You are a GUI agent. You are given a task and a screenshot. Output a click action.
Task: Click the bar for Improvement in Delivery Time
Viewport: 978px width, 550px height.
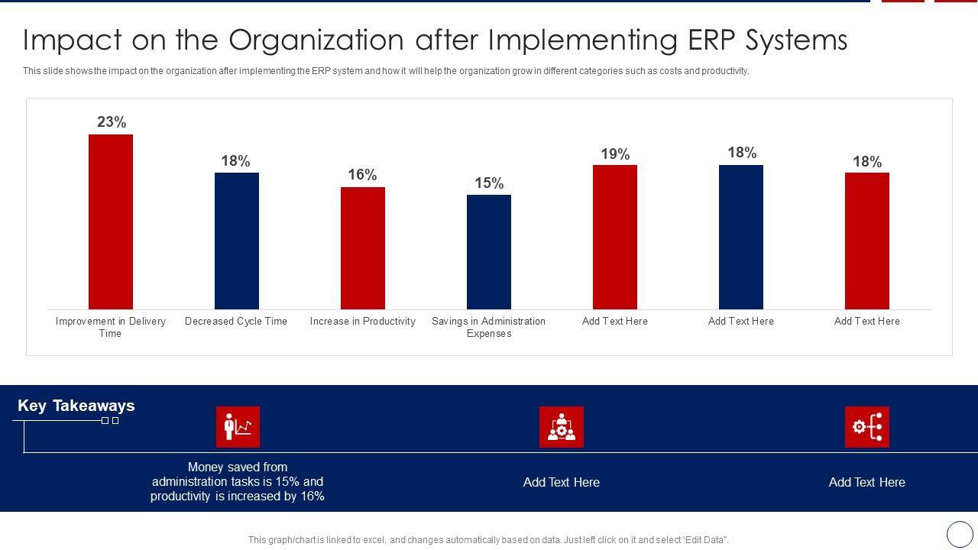coord(111,222)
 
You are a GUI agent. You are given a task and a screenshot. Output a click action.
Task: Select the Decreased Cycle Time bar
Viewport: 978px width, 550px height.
coord(237,241)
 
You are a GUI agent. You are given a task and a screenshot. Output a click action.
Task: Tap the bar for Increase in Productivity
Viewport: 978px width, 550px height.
coord(363,248)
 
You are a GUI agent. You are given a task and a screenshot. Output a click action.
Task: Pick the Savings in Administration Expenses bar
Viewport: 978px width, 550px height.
coord(489,252)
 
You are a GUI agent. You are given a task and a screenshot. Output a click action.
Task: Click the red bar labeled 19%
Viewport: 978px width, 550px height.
coord(615,237)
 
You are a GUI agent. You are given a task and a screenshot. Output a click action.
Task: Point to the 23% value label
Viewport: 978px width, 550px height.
coord(112,122)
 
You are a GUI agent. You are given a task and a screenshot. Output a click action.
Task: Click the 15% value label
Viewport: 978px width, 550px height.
coord(489,183)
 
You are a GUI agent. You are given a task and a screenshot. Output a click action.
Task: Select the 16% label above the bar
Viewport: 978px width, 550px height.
coord(362,175)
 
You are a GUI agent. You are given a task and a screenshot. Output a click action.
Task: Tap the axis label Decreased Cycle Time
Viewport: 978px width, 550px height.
coord(236,322)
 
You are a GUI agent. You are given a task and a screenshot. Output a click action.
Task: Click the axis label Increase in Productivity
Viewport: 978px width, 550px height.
coord(363,322)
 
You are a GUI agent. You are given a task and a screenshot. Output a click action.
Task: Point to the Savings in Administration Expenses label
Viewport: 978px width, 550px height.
coord(489,327)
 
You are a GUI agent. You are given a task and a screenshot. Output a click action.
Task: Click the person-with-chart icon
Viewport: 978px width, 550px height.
coord(238,427)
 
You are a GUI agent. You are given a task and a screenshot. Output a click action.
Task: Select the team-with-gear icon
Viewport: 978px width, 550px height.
coord(562,427)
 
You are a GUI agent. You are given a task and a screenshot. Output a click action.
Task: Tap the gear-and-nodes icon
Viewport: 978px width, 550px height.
coord(867,427)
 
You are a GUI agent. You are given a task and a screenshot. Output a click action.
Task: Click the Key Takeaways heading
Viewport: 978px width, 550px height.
coord(76,406)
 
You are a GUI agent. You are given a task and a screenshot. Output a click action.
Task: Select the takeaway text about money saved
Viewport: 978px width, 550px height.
coord(238,482)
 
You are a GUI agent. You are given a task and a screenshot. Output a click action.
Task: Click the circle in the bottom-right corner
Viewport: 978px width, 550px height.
coord(960,534)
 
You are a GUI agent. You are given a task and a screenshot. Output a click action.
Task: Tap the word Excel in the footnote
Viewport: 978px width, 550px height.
coord(372,540)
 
